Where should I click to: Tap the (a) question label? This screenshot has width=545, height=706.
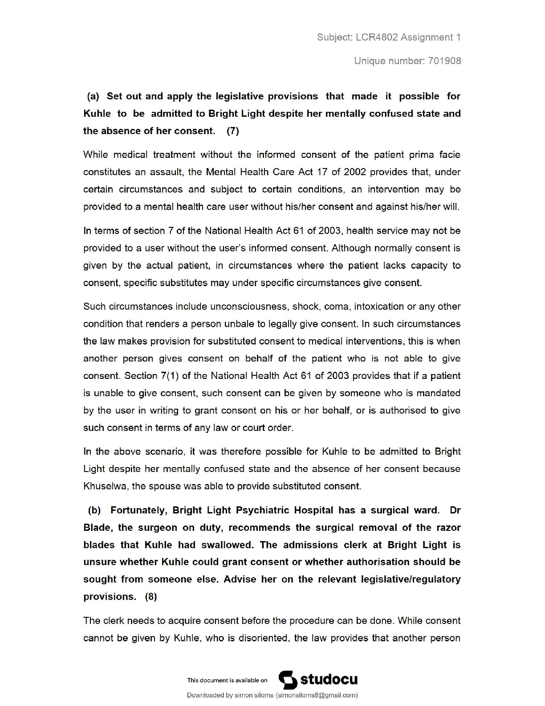click(93, 96)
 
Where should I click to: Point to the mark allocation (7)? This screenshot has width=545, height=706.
click(233, 131)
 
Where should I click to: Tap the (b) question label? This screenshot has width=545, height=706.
click(94, 510)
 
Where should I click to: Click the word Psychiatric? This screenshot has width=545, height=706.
click(262, 510)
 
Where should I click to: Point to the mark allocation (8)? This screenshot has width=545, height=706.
click(151, 597)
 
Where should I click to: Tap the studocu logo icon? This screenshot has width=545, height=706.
click(288, 680)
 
